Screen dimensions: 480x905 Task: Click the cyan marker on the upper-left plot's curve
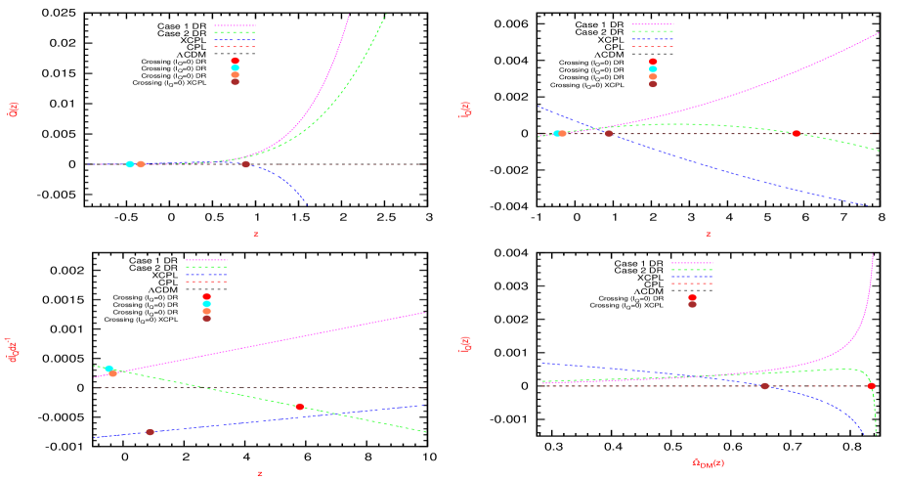[130, 164]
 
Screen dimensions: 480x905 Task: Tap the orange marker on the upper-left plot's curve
[141, 164]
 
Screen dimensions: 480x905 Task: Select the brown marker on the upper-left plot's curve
[245, 164]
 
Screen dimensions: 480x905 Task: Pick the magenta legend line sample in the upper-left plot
[235, 26]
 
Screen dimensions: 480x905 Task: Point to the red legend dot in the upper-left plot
[235, 61]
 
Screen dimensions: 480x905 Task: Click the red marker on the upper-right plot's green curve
[797, 133]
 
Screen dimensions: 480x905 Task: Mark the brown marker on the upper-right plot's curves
[609, 133]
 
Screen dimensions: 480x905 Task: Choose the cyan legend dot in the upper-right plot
[653, 68]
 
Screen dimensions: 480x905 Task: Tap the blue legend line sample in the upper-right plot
[653, 39]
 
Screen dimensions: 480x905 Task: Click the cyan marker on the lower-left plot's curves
[108, 369]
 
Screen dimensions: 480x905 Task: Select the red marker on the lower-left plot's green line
[300, 407]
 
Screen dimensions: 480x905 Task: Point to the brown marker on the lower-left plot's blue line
[150, 431]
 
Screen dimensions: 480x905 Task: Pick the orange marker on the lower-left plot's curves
[113, 373]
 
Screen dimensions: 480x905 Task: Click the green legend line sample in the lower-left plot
[206, 267]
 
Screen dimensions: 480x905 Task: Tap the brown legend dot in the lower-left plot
[206, 318]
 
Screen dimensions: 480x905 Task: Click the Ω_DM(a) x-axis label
[708, 462]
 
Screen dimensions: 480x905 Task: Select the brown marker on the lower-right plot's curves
[764, 386]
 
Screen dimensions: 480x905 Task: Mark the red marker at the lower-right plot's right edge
[871, 386]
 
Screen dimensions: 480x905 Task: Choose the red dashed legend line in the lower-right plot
[692, 284]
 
